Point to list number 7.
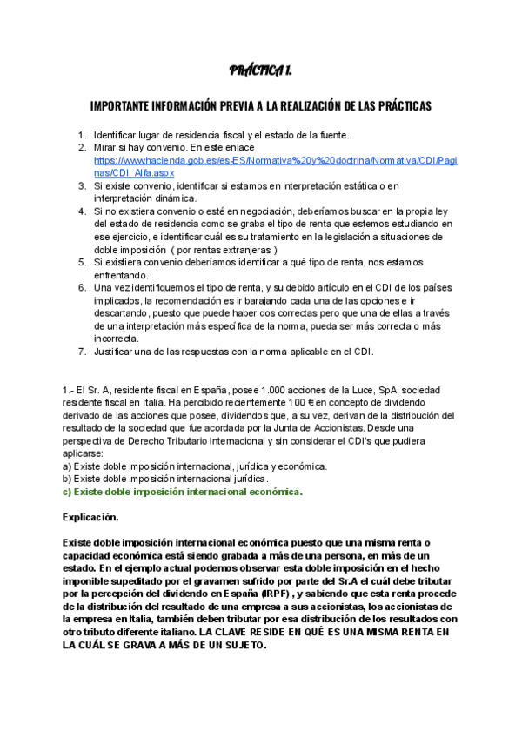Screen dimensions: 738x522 [82, 352]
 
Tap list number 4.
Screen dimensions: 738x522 [82, 211]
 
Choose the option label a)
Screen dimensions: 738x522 [67, 466]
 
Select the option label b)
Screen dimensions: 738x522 [67, 479]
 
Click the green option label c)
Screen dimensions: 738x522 [67, 492]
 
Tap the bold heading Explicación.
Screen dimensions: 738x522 [95, 517]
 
